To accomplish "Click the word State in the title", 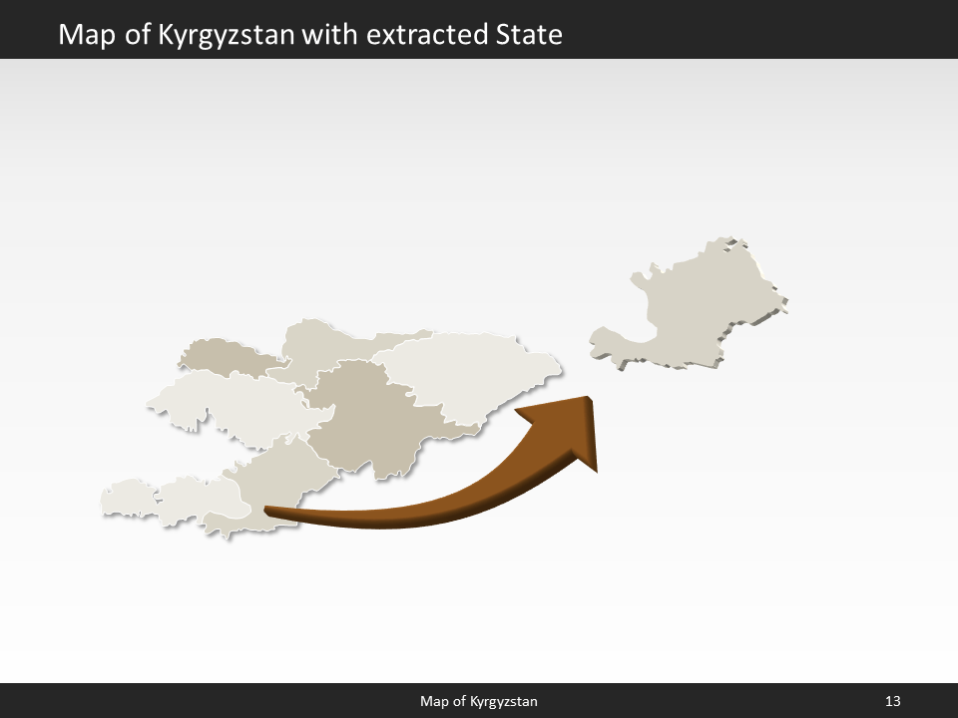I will (529, 35).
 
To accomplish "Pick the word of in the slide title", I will (132, 35).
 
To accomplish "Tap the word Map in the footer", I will (434, 702).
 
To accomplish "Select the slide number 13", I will (892, 702).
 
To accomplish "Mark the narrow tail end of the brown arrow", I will (267, 511).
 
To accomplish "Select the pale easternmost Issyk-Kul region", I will (469, 374).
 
